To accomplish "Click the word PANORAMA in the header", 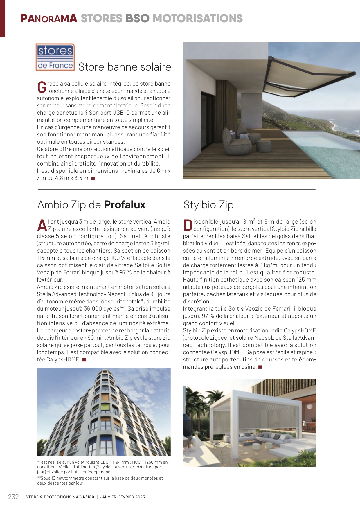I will click(49, 19).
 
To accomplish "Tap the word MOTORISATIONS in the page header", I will click(197, 19).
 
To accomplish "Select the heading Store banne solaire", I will click(125, 67).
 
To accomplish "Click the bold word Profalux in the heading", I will click(125, 205).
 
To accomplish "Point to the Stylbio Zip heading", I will click(208, 205).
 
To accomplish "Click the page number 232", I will click(13, 497).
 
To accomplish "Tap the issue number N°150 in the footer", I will click(89, 497).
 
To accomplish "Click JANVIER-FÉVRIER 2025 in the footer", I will click(123, 497).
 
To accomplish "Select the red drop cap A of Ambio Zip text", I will click(42, 225).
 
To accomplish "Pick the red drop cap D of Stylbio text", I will click(188, 225).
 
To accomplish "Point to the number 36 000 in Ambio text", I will click(92, 309).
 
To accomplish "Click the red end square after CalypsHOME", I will click(84, 360).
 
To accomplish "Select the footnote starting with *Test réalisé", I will click(102, 467).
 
